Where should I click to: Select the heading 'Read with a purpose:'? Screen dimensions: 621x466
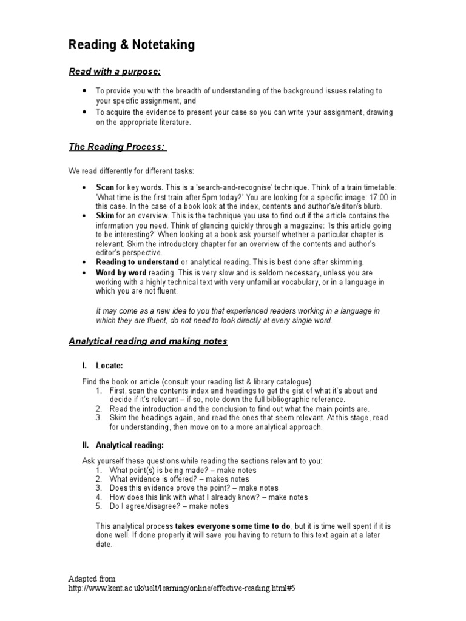coord(114,72)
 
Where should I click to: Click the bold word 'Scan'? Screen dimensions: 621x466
coord(105,188)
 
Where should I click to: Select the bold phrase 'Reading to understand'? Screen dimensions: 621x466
coord(137,262)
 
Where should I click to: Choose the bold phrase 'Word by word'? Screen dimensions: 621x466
coord(121,273)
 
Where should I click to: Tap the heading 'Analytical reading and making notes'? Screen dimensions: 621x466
coord(147,341)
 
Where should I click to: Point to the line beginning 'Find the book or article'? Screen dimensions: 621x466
coord(197,381)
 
